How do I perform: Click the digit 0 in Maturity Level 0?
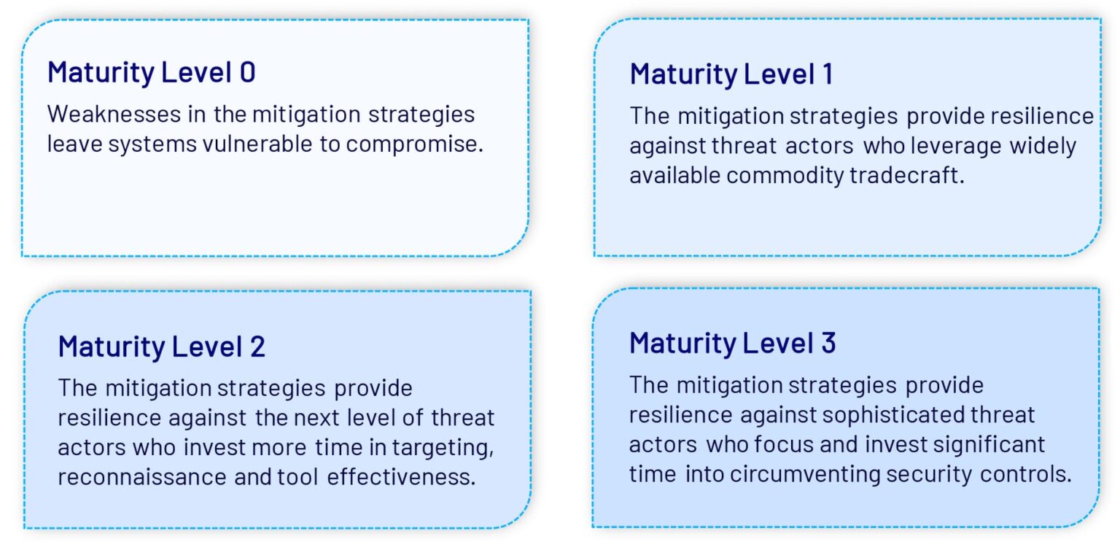click(x=247, y=72)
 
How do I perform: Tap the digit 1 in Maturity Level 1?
click(x=828, y=74)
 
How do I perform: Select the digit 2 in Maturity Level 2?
click(x=257, y=346)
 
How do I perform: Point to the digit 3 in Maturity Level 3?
click(x=828, y=343)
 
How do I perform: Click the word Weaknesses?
click(x=114, y=114)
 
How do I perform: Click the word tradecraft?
click(x=906, y=175)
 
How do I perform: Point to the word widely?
click(x=1043, y=146)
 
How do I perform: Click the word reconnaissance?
click(x=142, y=477)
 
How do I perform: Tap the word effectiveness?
click(x=401, y=476)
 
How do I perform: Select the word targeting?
click(x=443, y=448)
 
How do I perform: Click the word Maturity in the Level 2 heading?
click(x=112, y=347)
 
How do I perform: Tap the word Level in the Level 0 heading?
click(x=196, y=72)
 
